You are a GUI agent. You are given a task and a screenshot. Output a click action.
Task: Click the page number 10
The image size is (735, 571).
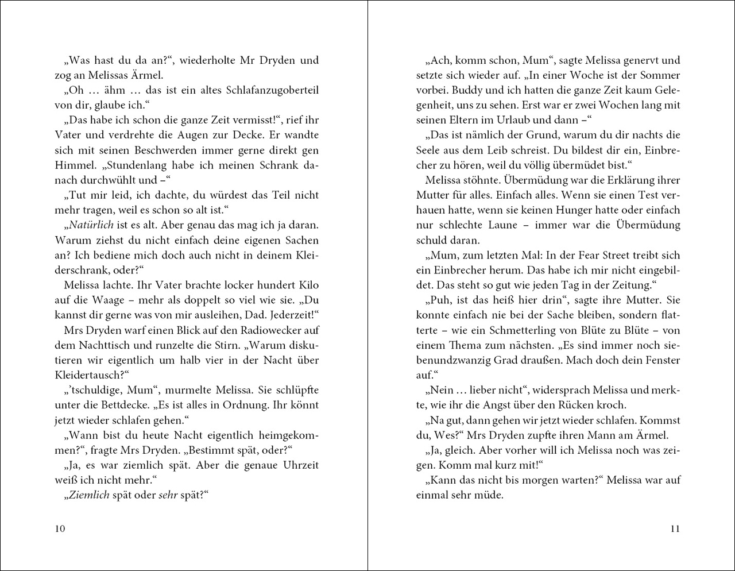pos(60,528)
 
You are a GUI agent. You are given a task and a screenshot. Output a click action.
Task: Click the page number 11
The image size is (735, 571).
pos(675,528)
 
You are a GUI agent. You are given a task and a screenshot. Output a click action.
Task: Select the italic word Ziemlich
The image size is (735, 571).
pos(90,495)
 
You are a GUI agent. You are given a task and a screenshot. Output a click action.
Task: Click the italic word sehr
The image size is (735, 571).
pos(168,495)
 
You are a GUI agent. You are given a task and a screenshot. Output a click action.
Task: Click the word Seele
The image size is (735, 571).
pos(431,150)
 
